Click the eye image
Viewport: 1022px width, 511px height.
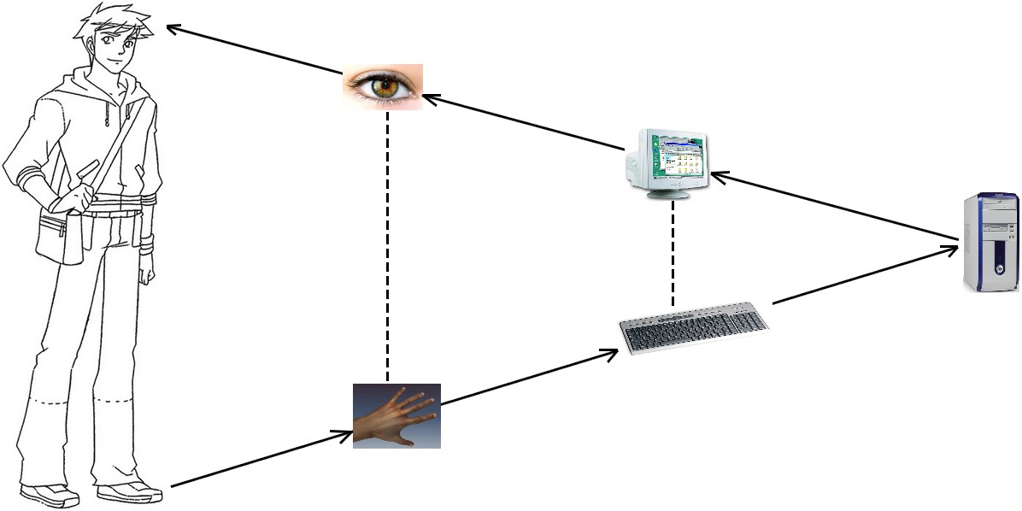tap(383, 86)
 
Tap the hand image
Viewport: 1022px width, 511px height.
tap(396, 415)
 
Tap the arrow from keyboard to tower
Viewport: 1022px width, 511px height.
tap(863, 275)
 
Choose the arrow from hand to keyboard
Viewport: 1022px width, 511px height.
tap(530, 376)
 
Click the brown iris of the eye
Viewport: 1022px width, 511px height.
tap(389, 85)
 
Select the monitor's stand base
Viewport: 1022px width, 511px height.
tap(668, 195)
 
